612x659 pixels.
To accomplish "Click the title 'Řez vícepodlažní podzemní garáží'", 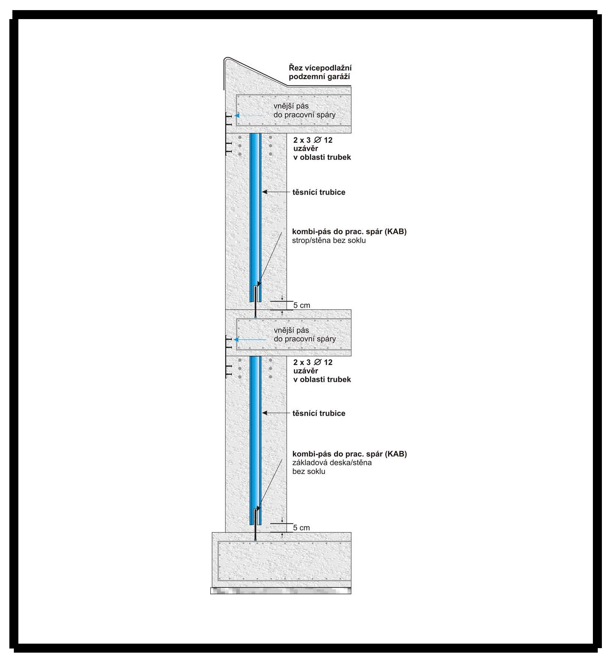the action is (320, 72).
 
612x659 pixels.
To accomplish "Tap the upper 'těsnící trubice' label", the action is (319, 192).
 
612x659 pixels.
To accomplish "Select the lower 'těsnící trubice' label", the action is (319, 414).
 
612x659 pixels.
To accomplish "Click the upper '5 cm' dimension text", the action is (302, 305).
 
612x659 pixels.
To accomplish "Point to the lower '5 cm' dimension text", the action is (302, 528).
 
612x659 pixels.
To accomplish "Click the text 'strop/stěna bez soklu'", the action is (329, 240).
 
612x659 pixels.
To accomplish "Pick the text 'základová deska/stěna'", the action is (332, 462).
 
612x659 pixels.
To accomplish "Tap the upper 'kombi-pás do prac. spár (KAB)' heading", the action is (349, 231).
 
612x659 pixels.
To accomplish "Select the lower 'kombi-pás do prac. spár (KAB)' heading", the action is (349, 454).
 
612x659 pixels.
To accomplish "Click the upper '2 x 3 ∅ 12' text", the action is (313, 140).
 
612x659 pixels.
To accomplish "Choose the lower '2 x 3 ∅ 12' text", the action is (313, 362).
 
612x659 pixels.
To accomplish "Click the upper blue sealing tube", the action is (256, 217).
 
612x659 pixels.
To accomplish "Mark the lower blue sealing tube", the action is (256, 440).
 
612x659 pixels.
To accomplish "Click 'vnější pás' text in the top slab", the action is (291, 106).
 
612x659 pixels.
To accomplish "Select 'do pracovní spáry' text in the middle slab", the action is (304, 339).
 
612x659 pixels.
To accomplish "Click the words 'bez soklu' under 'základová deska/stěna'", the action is (309, 471).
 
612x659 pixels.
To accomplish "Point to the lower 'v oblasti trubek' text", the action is (322, 380).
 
